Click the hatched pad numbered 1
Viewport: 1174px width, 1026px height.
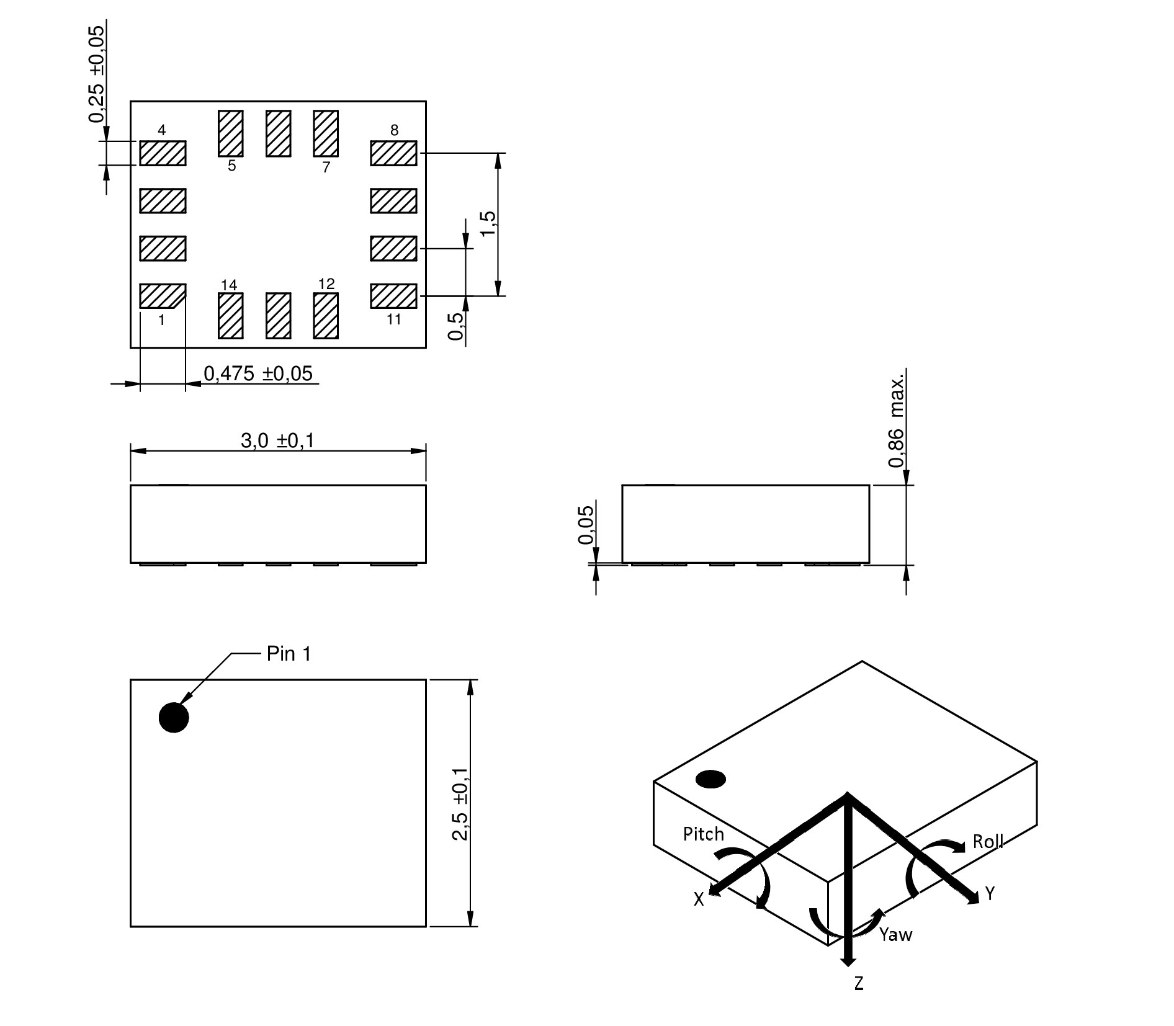[163, 296]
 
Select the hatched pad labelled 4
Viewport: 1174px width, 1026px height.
[163, 153]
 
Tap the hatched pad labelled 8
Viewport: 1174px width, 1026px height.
[393, 153]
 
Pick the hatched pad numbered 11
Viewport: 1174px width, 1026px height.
[393, 296]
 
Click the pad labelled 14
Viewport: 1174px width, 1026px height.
[231, 316]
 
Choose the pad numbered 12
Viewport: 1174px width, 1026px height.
[326, 316]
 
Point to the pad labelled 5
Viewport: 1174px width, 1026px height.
[231, 133]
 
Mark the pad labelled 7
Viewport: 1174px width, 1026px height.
[326, 133]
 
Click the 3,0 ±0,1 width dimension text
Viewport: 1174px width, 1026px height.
[277, 440]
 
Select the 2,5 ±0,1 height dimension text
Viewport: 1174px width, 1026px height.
[460, 803]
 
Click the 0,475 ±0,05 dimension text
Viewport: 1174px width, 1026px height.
[258, 373]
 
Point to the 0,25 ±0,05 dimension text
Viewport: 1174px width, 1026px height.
[97, 74]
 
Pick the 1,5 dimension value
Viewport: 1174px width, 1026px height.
[488, 223]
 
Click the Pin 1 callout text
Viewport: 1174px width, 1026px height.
[289, 654]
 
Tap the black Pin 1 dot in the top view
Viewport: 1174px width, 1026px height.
[174, 718]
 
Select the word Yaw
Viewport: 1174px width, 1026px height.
[895, 934]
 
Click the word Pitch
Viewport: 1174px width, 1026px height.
[703, 834]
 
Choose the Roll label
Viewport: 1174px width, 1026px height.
[988, 842]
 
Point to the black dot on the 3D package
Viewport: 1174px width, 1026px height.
[711, 779]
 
